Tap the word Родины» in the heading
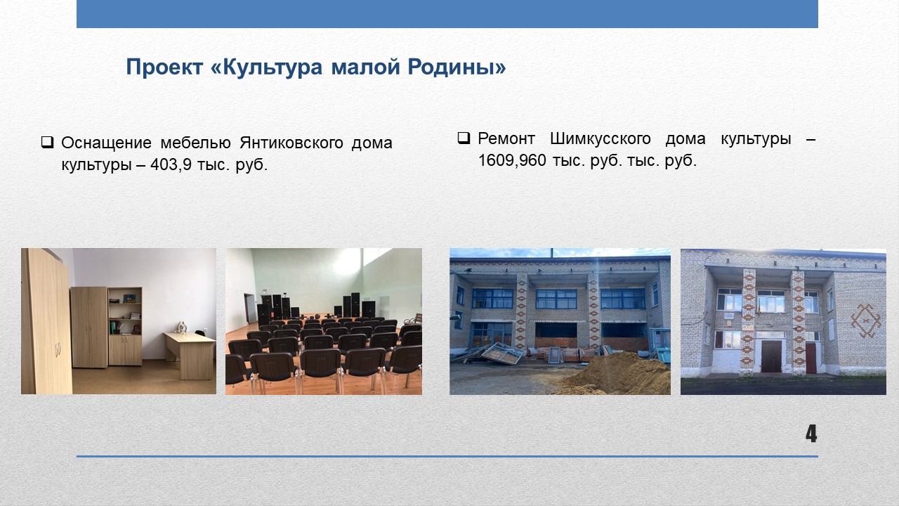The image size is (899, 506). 457,67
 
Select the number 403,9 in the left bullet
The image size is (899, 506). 171,165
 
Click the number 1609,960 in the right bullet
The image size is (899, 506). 512,161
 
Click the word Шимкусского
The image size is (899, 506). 600,139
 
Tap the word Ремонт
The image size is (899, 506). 506,139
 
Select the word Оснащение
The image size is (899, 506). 106,143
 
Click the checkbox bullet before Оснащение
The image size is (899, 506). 47,143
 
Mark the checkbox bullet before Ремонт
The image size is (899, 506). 464,138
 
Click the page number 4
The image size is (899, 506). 811,434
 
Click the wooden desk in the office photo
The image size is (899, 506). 190,354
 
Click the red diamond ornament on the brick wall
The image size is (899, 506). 866,320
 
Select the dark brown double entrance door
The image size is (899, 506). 771,356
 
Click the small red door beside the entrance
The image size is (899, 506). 811,358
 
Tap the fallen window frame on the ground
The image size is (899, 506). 502,353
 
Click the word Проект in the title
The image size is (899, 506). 164,67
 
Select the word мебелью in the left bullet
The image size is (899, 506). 195,143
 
